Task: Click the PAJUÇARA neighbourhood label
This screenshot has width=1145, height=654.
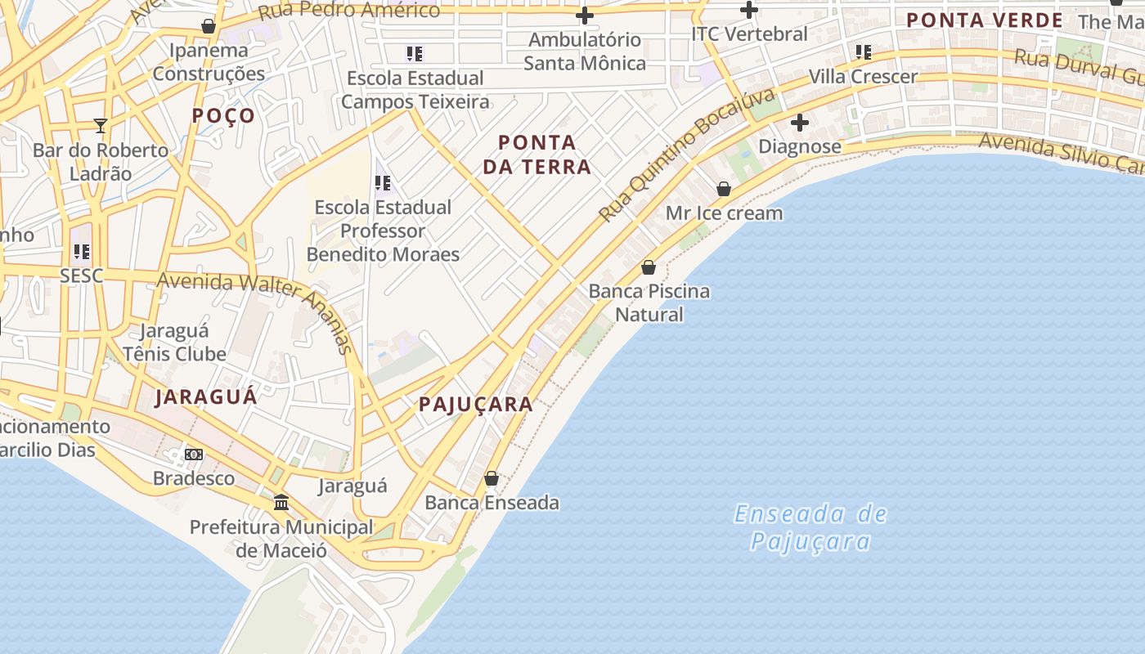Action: pyautogui.click(x=475, y=404)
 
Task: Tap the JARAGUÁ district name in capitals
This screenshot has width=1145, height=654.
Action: pyautogui.click(x=206, y=397)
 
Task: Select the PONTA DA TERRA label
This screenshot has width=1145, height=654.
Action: pyautogui.click(x=537, y=155)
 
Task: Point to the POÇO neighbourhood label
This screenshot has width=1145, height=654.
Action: pyautogui.click(x=223, y=116)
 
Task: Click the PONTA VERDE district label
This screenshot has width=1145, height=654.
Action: pyautogui.click(x=985, y=20)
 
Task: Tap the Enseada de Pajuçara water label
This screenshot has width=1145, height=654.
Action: pyautogui.click(x=810, y=527)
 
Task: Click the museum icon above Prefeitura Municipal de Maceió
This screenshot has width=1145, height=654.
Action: pyautogui.click(x=281, y=502)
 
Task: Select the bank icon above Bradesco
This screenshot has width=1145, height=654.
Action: pyautogui.click(x=194, y=454)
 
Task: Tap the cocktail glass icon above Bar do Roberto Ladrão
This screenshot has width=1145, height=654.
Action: pyautogui.click(x=101, y=126)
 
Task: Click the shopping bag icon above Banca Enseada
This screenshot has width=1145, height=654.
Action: pyautogui.click(x=492, y=478)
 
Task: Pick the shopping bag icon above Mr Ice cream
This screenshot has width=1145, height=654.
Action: pyautogui.click(x=724, y=189)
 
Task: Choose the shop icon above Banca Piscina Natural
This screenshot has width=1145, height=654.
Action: pyautogui.click(x=649, y=267)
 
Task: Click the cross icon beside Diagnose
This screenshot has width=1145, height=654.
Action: pyautogui.click(x=800, y=123)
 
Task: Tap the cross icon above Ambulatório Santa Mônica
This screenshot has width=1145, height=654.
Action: pyautogui.click(x=585, y=16)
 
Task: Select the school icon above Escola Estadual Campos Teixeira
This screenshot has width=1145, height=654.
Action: pyautogui.click(x=415, y=54)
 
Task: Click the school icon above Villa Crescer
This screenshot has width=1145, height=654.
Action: pyautogui.click(x=864, y=52)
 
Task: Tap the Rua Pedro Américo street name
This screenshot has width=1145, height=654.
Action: pyautogui.click(x=348, y=11)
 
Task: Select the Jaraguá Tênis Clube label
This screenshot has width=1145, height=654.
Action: pyautogui.click(x=174, y=343)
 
